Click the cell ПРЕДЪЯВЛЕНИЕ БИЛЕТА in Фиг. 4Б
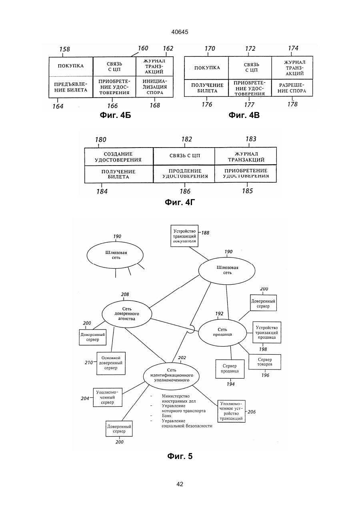coord(71,87)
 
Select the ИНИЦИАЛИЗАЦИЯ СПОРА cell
coord(154,87)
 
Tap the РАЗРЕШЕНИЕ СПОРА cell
coord(292,88)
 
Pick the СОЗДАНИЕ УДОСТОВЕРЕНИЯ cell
coord(119,157)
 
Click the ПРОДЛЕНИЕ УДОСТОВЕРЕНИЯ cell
coord(184,174)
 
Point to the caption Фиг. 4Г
coord(180,202)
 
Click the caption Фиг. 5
coord(180,456)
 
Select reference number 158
coord(64,49)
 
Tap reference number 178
coord(292,104)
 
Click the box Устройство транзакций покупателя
coord(184,236)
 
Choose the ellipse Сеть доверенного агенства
coord(127,314)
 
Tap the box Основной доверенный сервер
coord(111,363)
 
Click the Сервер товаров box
coord(265,362)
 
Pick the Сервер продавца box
coord(230,369)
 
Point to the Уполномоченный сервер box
coord(108,397)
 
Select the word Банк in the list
coord(166,415)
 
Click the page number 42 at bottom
coord(180,484)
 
